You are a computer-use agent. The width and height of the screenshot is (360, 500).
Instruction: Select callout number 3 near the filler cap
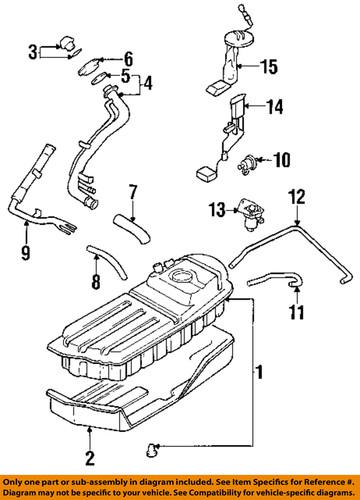coord(34,51)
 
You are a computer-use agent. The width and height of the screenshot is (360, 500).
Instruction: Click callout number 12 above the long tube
coord(296,198)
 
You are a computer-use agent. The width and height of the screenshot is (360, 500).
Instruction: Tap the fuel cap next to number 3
coord(67,44)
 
